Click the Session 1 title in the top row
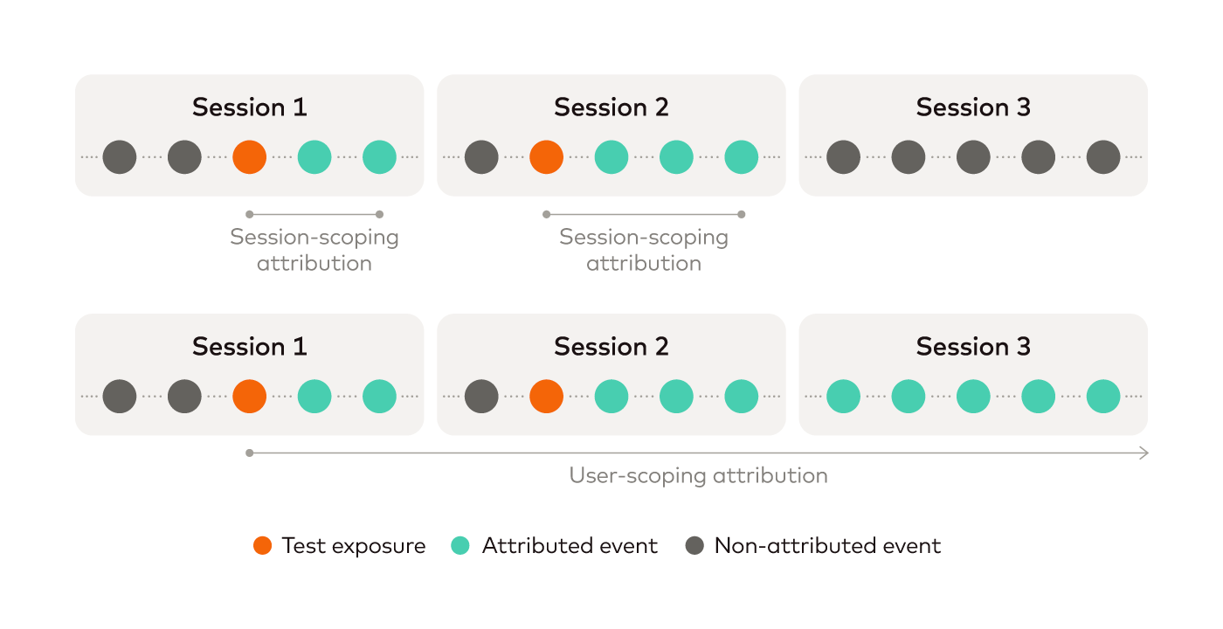coord(250,107)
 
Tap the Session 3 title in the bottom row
coord(973,346)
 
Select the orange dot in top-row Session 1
coord(250,157)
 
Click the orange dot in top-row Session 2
coord(547,157)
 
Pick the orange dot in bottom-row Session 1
coord(250,397)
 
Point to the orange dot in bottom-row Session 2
coord(547,397)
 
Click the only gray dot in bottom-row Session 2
coord(481,397)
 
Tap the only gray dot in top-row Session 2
coord(481,157)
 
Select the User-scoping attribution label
coord(698,475)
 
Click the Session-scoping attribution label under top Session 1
coord(314,250)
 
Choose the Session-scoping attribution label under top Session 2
coord(644,250)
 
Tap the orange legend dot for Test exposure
coord(263,545)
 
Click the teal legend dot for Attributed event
coord(460,545)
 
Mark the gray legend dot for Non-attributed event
coord(694,545)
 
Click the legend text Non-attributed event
coord(828,546)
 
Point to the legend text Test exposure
coord(353,546)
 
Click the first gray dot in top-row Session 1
coord(120,157)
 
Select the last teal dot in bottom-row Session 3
coord(1103,397)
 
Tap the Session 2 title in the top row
coord(611,107)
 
